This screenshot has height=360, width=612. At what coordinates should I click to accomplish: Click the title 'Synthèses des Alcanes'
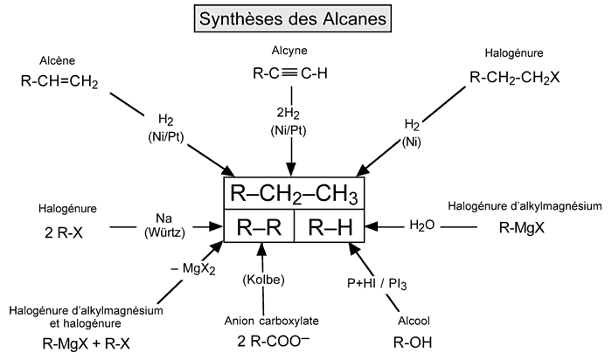[305, 19]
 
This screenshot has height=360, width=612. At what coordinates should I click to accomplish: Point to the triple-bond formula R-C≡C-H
[292, 73]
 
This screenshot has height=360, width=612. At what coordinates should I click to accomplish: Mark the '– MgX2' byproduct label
[194, 269]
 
